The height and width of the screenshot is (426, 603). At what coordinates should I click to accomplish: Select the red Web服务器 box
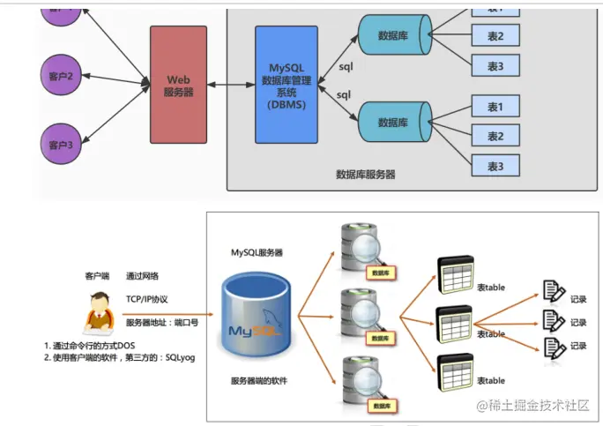(178, 85)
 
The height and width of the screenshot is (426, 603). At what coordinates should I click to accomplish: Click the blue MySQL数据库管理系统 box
(286, 85)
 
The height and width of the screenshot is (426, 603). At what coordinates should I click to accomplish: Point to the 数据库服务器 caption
(365, 175)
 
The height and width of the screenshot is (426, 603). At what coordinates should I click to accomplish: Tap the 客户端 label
(96, 276)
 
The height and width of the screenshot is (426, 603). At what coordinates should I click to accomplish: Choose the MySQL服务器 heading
(257, 253)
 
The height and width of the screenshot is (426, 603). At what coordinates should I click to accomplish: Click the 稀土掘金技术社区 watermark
(532, 404)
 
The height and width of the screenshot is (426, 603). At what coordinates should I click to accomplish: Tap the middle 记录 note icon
(554, 322)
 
